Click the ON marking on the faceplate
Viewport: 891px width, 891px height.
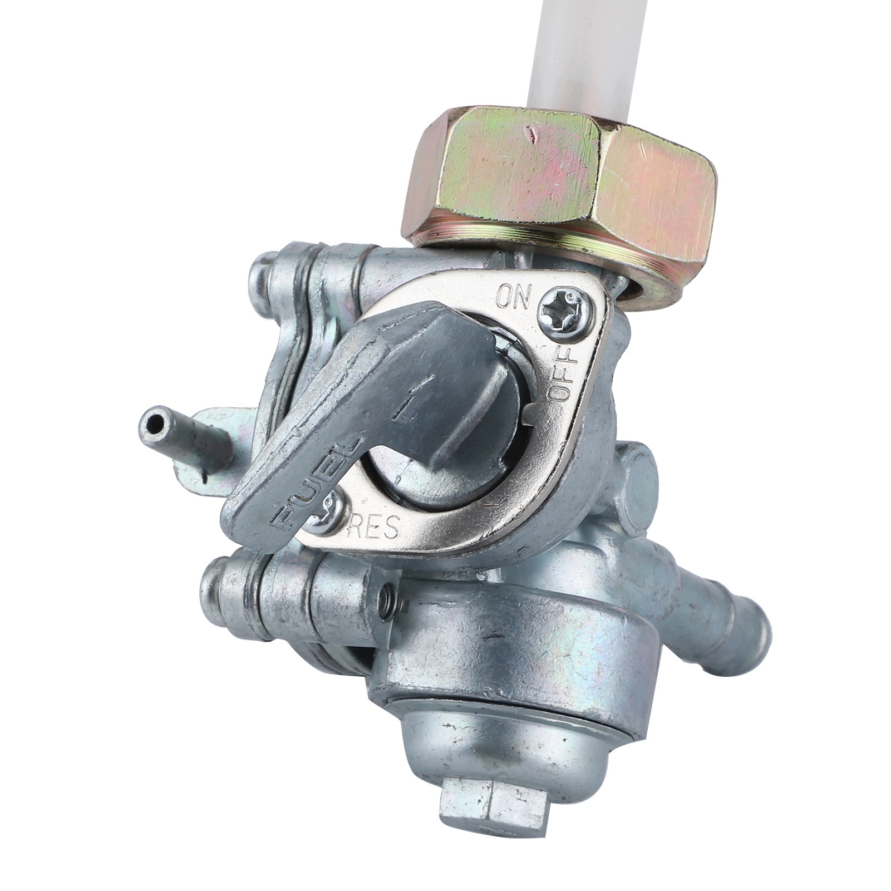(514, 296)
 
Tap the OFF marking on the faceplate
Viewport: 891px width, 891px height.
(563, 372)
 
